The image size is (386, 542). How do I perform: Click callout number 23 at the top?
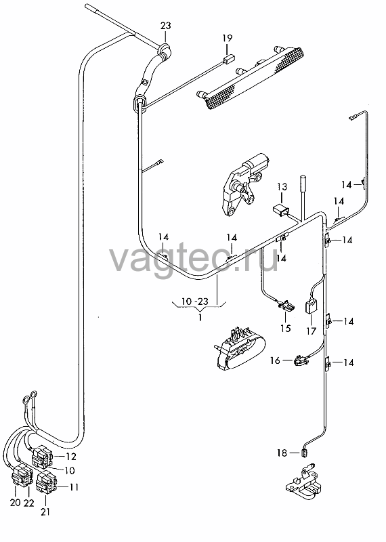click(x=166, y=26)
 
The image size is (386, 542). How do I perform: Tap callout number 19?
click(x=228, y=38)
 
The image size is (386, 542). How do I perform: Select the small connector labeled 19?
click(x=228, y=59)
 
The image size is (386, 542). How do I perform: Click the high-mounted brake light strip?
click(x=251, y=76)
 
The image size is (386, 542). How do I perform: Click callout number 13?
click(x=282, y=187)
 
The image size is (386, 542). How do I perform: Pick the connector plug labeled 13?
click(x=280, y=210)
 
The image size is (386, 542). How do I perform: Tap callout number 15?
click(x=286, y=328)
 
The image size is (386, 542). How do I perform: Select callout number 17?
click(x=311, y=331)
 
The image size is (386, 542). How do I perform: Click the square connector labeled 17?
click(x=311, y=306)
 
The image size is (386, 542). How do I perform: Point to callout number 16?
click(x=275, y=360)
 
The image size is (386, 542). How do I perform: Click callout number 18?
click(x=282, y=453)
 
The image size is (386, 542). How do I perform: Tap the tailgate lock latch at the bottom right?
click(x=301, y=482)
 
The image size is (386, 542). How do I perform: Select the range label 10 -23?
click(x=195, y=301)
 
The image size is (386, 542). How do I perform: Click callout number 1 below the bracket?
click(x=200, y=317)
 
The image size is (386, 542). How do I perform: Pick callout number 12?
click(x=71, y=457)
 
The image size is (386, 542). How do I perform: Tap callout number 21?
click(x=45, y=512)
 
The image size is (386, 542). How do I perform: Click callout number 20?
click(x=16, y=502)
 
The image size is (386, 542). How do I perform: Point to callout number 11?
click(x=74, y=487)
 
